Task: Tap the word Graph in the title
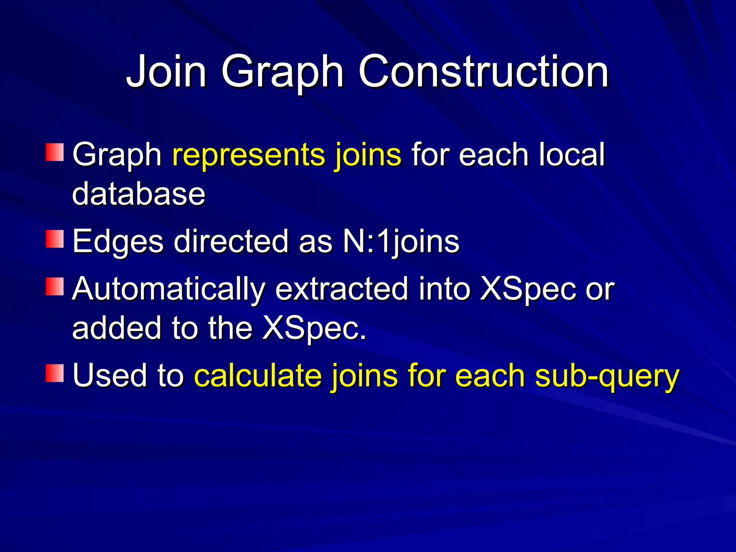282,72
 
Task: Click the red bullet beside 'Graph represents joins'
55,152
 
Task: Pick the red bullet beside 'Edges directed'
55,239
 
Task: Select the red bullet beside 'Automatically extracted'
55,287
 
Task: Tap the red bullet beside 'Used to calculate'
55,373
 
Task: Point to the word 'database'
139,194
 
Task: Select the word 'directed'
231,241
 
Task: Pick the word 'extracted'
342,289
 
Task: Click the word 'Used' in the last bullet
110,375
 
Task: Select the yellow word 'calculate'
258,376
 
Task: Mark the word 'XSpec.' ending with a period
314,328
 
